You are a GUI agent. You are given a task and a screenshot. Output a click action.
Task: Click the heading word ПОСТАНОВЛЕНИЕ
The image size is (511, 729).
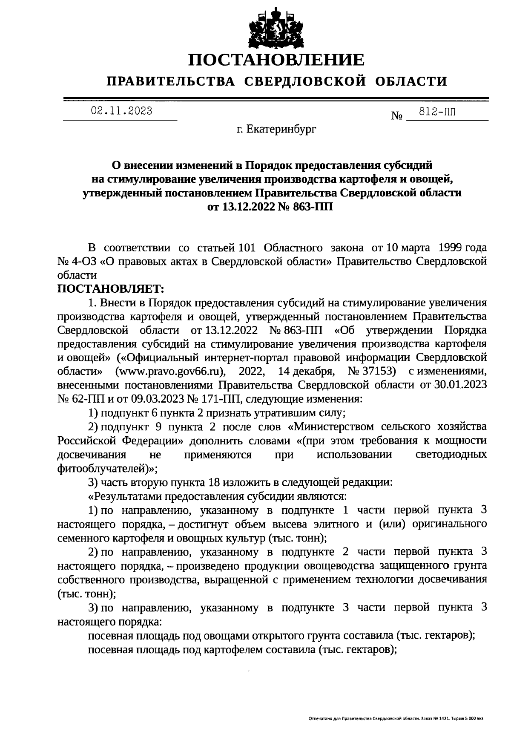pos(277,60)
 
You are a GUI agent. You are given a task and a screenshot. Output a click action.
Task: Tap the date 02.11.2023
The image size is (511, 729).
pos(121,112)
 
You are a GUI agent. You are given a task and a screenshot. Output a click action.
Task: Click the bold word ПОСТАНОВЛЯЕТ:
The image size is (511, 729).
pos(111,288)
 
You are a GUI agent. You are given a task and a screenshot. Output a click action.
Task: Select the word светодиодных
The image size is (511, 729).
pos(451,455)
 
